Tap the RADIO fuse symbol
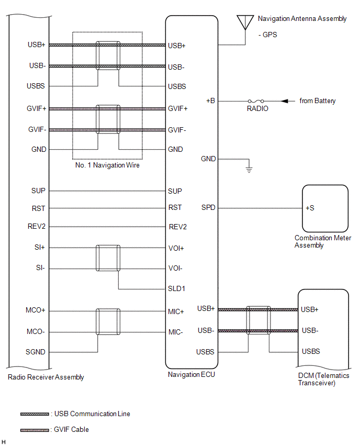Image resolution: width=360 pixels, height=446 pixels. pyautogui.click(x=257, y=101)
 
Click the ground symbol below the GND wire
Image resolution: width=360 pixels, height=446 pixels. pyautogui.click(x=250, y=170)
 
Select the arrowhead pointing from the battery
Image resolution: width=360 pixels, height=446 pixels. pyautogui.click(x=285, y=101)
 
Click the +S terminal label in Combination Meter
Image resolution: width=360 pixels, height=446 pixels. pyautogui.click(x=310, y=208)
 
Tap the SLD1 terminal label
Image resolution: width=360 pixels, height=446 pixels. pyautogui.click(x=176, y=289)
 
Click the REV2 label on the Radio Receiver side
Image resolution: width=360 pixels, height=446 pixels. pyautogui.click(x=37, y=227)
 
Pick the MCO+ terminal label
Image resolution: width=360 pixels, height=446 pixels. pyautogui.click(x=36, y=310)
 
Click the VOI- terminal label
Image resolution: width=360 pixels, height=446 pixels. pyautogui.click(x=175, y=269)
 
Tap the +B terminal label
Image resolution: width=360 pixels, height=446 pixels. pyautogui.click(x=210, y=101)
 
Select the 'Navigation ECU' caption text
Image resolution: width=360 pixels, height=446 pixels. pyautogui.click(x=192, y=375)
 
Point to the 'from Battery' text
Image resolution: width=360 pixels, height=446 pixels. pyautogui.click(x=318, y=101)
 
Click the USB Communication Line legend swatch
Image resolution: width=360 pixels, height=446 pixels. pyautogui.click(x=35, y=414)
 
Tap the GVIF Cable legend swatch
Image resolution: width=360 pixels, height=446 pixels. pyautogui.click(x=35, y=430)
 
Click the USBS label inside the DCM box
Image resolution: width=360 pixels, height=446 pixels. pyautogui.click(x=311, y=352)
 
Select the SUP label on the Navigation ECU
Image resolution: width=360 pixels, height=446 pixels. pyautogui.click(x=175, y=192)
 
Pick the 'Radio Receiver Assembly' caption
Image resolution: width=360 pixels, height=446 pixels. pyautogui.click(x=46, y=377)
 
